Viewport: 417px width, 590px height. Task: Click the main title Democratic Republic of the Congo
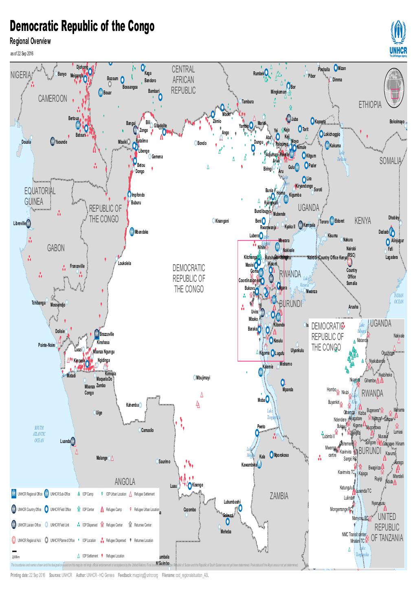pos(81,27)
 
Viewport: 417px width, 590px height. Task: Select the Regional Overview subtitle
pos(30,41)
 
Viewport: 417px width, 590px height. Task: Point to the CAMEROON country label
pos(53,99)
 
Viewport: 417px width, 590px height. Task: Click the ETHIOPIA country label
pos(370,105)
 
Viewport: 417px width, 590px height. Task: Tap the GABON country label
pos(56,248)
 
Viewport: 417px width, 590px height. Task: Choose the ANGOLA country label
pos(125,482)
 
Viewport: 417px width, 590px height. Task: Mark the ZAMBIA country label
pos(279,496)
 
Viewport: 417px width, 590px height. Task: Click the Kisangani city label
pos(222,221)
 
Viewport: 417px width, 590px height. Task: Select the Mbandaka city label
pos(141,232)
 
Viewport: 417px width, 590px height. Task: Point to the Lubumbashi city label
pos(232,502)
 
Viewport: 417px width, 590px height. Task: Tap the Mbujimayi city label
pos(203,377)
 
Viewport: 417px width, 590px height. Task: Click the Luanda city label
pos(65,441)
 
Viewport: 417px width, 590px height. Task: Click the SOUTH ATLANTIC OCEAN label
pos(39,434)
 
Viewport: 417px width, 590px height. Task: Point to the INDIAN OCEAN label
pos(399,298)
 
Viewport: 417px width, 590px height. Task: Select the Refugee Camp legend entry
pos(114,509)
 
